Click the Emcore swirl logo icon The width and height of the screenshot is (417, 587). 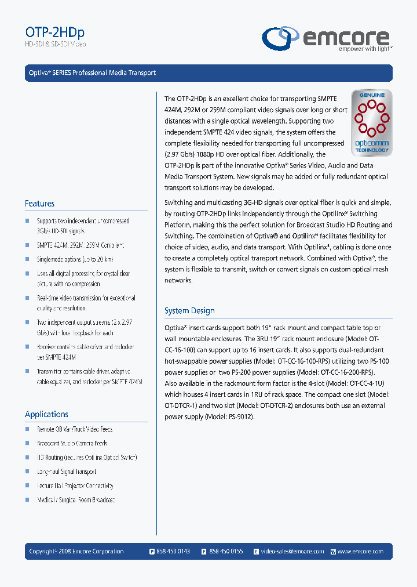point(281,38)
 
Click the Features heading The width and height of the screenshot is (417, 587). point(40,204)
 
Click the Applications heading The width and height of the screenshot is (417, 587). point(46,414)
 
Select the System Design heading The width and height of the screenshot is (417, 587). point(189,311)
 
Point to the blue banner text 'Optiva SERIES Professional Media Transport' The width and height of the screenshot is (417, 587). point(93,73)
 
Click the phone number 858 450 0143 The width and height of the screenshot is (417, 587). point(173,551)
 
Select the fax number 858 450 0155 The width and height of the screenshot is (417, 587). point(226,551)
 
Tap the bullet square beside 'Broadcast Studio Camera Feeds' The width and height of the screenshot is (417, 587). point(27,443)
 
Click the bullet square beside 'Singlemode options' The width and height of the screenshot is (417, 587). point(27,259)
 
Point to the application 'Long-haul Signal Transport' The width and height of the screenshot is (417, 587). point(67,472)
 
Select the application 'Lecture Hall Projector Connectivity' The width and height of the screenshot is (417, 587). point(75,486)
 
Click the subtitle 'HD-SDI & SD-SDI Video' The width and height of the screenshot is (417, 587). point(56,44)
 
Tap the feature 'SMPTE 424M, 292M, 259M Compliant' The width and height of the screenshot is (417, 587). point(81,245)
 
